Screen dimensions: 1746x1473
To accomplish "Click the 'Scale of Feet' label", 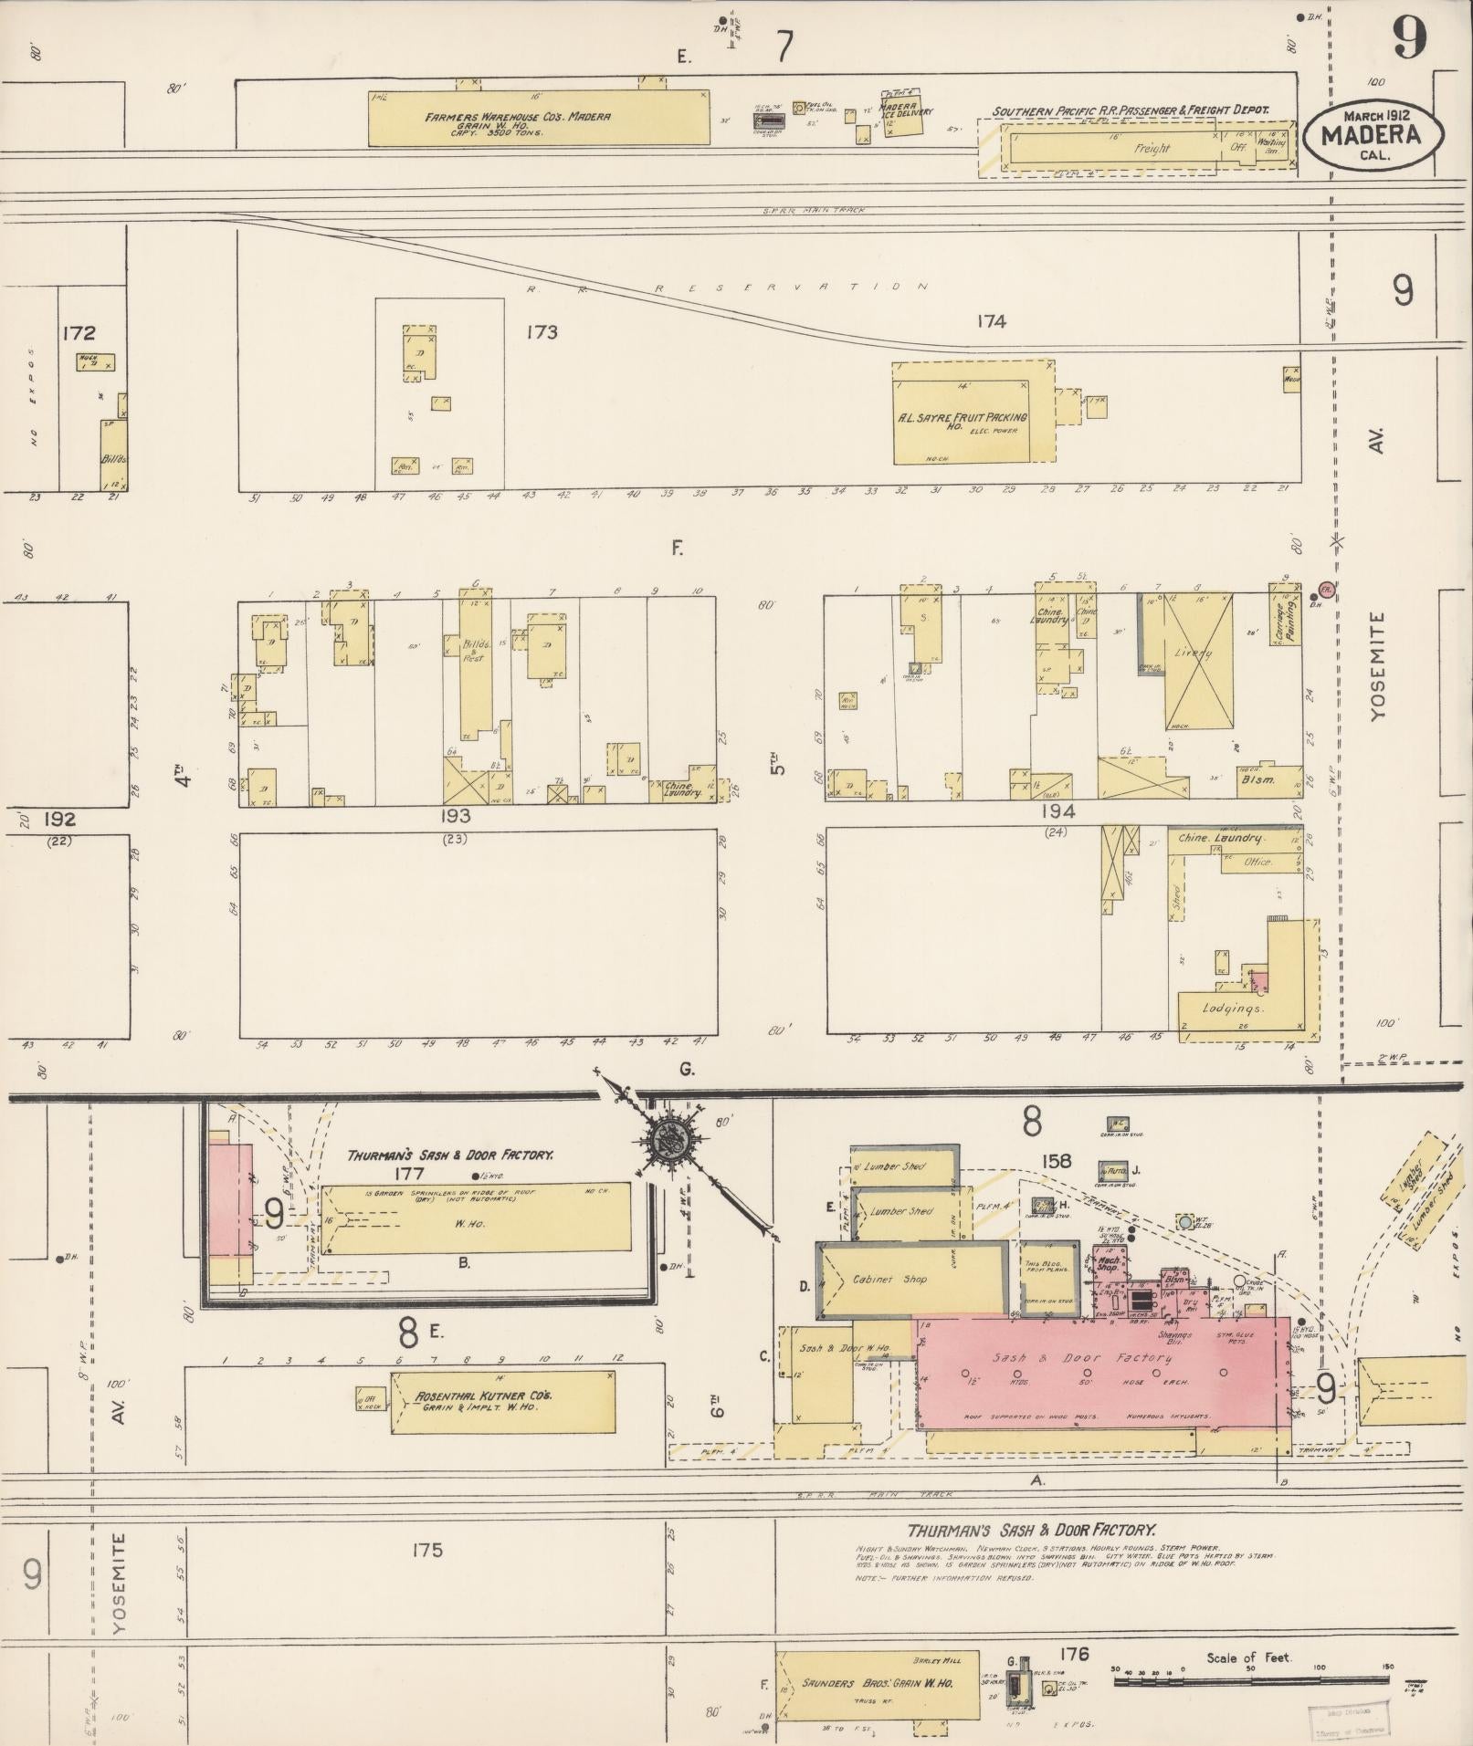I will (1248, 1657).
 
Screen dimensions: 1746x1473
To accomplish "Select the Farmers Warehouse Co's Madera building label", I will (517, 118).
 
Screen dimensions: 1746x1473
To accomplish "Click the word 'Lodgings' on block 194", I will (1235, 1009).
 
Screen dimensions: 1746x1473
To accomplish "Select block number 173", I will (542, 331).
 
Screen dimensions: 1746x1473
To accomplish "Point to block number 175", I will (427, 1549).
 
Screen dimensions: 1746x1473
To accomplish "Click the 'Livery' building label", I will (1194, 653).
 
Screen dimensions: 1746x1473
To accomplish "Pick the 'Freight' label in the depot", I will (1151, 148).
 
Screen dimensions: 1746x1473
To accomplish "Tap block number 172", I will (79, 332).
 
